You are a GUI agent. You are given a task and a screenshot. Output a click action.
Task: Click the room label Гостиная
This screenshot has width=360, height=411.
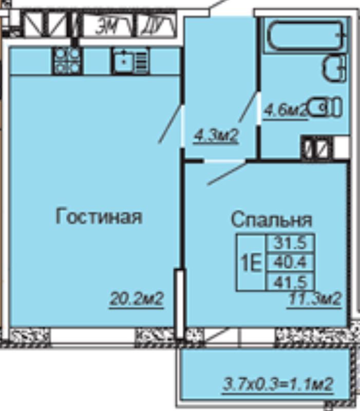(99, 217)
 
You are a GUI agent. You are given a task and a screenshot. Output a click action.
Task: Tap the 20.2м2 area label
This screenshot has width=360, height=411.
(136, 298)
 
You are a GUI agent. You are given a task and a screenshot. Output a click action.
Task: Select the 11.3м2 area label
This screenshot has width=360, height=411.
(314, 298)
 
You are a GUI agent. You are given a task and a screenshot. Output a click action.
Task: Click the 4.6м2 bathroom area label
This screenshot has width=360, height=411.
(286, 110)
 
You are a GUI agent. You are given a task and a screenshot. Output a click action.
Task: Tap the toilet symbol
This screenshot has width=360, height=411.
(327, 107)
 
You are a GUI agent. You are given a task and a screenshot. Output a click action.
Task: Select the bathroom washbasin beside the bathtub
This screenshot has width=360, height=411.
(335, 69)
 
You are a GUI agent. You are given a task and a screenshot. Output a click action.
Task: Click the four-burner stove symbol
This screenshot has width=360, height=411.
(67, 61)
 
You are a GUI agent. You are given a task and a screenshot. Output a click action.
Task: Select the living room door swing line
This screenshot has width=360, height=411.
(170, 124)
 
